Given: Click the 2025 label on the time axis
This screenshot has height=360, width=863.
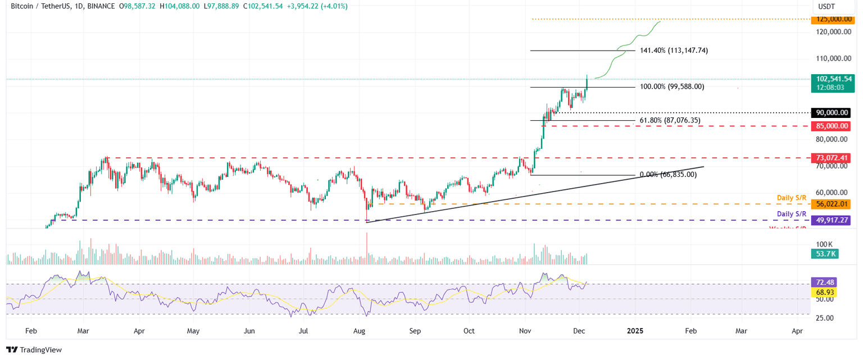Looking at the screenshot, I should click(x=635, y=331).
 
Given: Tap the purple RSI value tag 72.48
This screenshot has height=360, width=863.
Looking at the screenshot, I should click(x=824, y=282).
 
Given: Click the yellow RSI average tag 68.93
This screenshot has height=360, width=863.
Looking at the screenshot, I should click(x=824, y=292).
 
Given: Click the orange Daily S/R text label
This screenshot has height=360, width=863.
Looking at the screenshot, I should click(x=791, y=198).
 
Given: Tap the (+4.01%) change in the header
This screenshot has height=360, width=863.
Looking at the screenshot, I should click(x=334, y=6).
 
